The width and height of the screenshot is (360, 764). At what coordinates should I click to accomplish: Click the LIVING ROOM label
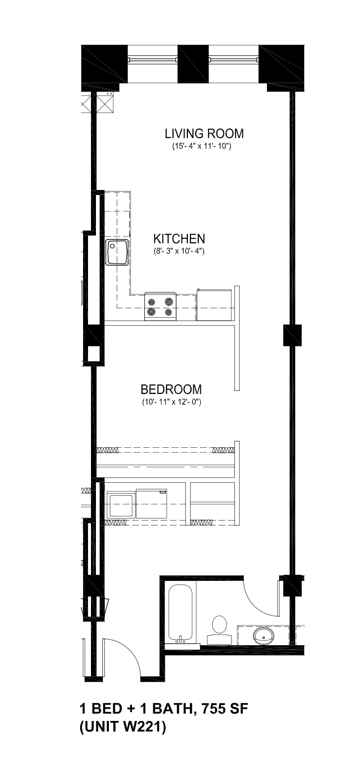[x=204, y=134]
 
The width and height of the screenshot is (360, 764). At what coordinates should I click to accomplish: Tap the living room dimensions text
[x=202, y=147]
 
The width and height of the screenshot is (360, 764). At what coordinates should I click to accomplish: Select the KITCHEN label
[x=179, y=239]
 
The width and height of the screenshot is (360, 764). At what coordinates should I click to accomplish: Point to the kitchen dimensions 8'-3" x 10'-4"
[x=179, y=252]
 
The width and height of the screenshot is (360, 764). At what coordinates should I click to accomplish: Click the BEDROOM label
[x=171, y=389]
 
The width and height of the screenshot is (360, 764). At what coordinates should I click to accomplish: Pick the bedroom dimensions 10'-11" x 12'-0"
[x=172, y=402]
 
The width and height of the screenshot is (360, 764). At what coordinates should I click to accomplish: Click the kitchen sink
[x=117, y=252]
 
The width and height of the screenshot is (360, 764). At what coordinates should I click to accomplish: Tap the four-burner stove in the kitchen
[x=160, y=306]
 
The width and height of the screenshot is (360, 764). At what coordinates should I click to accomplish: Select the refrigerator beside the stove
[x=215, y=305]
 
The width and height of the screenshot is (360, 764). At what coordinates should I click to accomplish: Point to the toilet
[x=219, y=627]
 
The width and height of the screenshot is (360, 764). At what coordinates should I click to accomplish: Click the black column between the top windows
[x=193, y=64]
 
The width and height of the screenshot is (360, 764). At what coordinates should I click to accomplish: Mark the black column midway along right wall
[x=293, y=335]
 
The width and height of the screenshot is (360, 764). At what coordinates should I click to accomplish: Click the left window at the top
[x=153, y=59]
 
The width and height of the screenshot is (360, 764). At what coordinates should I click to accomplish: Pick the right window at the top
[x=234, y=59]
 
